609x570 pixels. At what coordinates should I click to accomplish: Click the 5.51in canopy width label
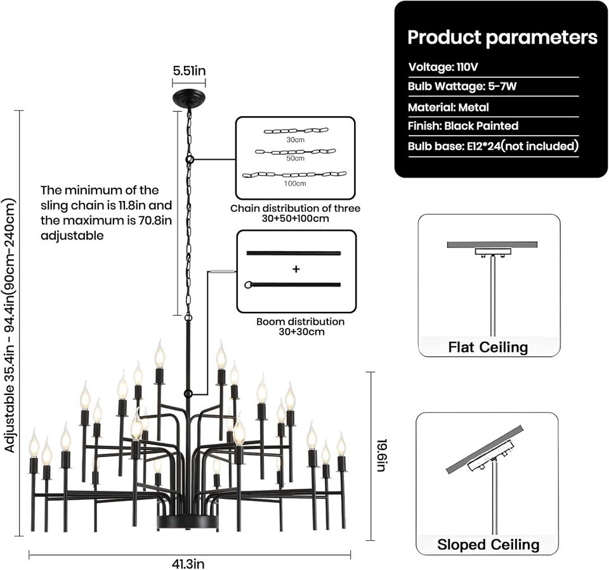pos(189,70)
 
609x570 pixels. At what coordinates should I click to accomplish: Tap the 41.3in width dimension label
pos(189,562)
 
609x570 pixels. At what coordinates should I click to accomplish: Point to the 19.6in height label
pos(381,455)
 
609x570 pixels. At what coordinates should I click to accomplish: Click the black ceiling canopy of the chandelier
pos(189,99)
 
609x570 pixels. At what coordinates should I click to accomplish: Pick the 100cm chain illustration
pos(295,174)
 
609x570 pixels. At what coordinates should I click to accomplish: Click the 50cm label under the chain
pos(295,160)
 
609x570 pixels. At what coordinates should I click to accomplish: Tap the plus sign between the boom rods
pos(296,269)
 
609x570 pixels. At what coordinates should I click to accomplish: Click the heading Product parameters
pos(502,37)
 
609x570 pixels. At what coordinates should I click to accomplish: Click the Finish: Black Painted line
pos(463,126)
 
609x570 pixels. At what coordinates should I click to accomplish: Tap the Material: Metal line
pos(448,107)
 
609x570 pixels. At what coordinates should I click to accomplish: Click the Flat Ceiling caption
pos(488,347)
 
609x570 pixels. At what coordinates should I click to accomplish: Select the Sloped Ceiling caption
pos(488,543)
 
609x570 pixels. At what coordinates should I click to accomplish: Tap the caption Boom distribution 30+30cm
pos(296,327)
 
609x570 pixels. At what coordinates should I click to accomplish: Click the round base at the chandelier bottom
pos(189,522)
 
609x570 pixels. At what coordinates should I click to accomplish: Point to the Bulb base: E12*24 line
pos(493,146)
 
